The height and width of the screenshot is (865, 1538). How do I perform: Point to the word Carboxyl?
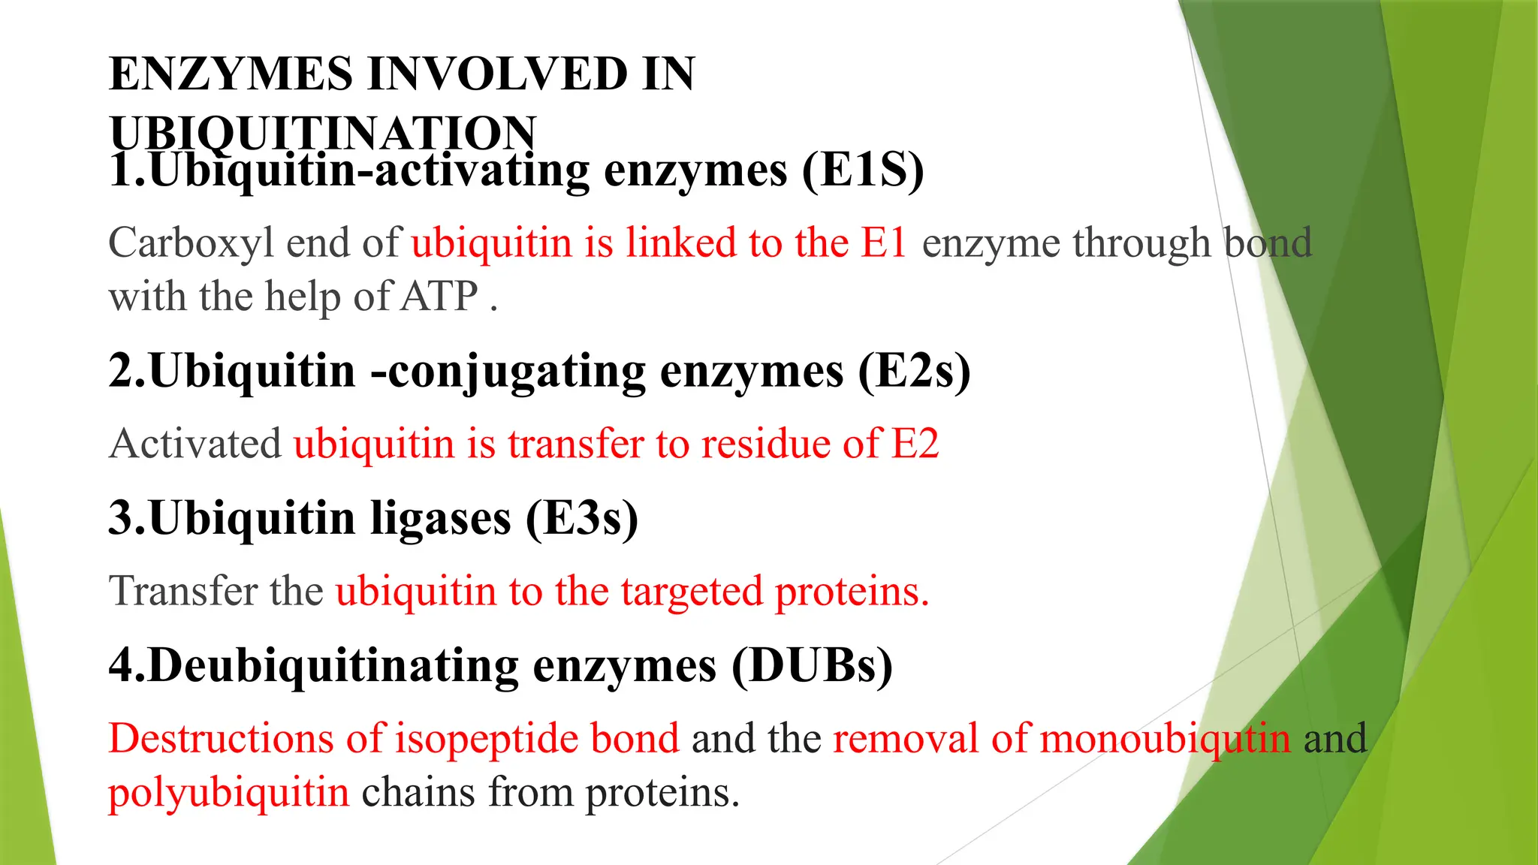click(x=191, y=243)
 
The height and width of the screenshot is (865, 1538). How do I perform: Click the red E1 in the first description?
click(x=884, y=243)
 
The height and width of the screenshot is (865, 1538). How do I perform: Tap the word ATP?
click(x=439, y=296)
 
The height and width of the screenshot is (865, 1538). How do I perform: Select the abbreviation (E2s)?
click(x=914, y=371)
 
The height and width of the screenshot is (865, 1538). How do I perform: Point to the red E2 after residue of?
click(x=915, y=443)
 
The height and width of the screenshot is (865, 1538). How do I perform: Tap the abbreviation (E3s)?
click(x=582, y=518)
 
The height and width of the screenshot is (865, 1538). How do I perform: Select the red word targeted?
click(x=692, y=591)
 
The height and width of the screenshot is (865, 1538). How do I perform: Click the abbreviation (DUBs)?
click(x=812, y=665)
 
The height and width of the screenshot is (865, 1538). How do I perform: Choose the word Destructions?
click(x=221, y=738)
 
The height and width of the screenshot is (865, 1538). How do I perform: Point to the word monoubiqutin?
click(x=1165, y=739)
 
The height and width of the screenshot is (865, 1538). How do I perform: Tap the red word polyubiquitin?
click(x=229, y=793)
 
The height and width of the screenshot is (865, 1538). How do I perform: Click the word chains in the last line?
click(x=418, y=792)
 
